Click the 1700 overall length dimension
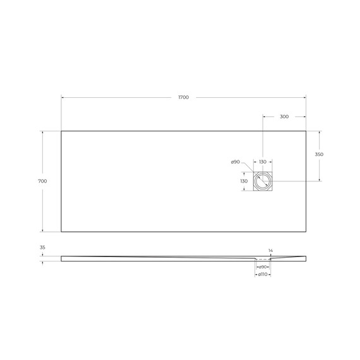coord(183,97)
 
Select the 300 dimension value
coord(284,117)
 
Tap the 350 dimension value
coord(319,155)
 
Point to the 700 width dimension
coord(42,181)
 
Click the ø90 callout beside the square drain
coord(235,162)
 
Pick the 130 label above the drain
coord(262,162)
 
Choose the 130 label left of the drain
coord(244,181)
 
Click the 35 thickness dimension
coord(42,248)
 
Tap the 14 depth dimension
coord(270,251)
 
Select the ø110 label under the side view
coord(262,275)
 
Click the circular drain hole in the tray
coord(262,182)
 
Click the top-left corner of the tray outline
coord(61,131)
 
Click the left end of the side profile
coord(62,257)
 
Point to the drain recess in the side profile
coord(262,259)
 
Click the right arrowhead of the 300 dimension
coord(304,117)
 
